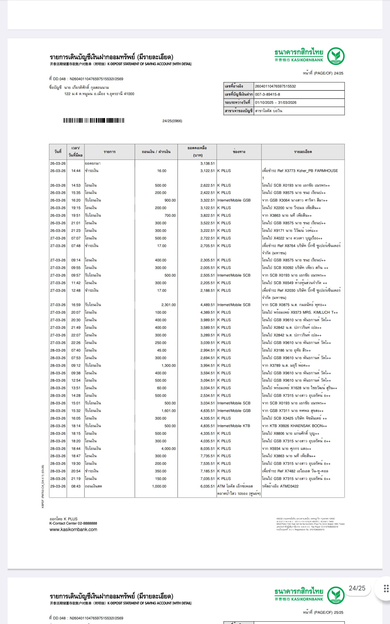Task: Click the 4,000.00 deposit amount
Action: tap(168, 448)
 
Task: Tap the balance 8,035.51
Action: tap(207, 448)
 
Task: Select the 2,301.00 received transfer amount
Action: tap(168, 305)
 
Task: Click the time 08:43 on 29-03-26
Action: tap(76, 486)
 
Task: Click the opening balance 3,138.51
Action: tap(207, 163)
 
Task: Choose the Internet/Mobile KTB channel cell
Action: tap(233, 426)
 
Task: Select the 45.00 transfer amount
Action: tap(162, 350)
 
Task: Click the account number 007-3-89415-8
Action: tap(268, 94)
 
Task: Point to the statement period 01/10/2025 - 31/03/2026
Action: tap(276, 102)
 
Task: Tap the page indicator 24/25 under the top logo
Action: tap(339, 73)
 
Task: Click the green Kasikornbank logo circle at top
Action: tap(336, 56)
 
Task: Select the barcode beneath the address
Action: tap(94, 121)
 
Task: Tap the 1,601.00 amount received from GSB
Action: tap(168, 411)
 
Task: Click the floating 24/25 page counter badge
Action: tap(357, 588)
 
